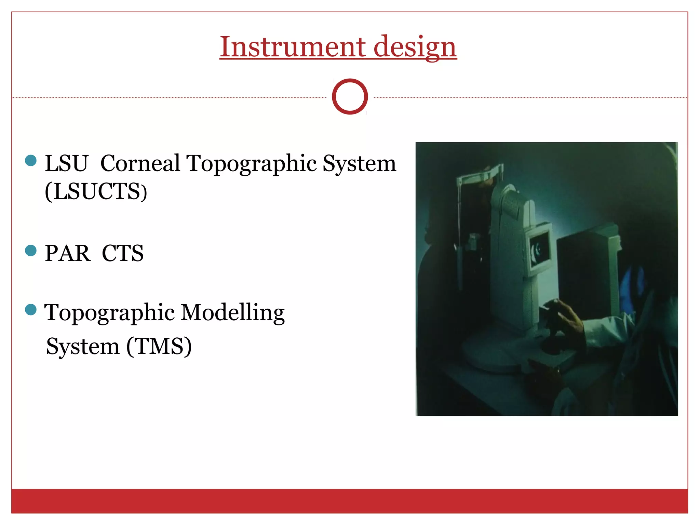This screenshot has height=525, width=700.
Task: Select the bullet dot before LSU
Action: [x=31, y=160]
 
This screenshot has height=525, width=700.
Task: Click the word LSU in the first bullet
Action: [x=67, y=163]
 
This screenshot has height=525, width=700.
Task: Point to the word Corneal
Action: [x=140, y=163]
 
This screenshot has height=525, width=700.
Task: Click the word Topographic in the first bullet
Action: [x=252, y=163]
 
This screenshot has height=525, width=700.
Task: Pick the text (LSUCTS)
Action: [x=96, y=191]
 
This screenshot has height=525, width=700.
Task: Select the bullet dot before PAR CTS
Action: [x=31, y=251]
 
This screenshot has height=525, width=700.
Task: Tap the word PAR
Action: [x=68, y=254]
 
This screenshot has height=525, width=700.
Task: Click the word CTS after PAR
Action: [x=123, y=254]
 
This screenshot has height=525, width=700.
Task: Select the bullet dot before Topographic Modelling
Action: [x=31, y=310]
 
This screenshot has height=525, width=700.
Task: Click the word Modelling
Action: [x=232, y=313]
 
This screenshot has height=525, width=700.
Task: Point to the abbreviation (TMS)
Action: [x=159, y=346]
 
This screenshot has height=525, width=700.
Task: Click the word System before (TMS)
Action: [x=83, y=346]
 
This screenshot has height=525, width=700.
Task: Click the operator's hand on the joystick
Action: [x=566, y=316]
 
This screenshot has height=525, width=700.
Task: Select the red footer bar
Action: [x=350, y=501]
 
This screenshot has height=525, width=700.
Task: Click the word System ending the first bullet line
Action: [x=359, y=163]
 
